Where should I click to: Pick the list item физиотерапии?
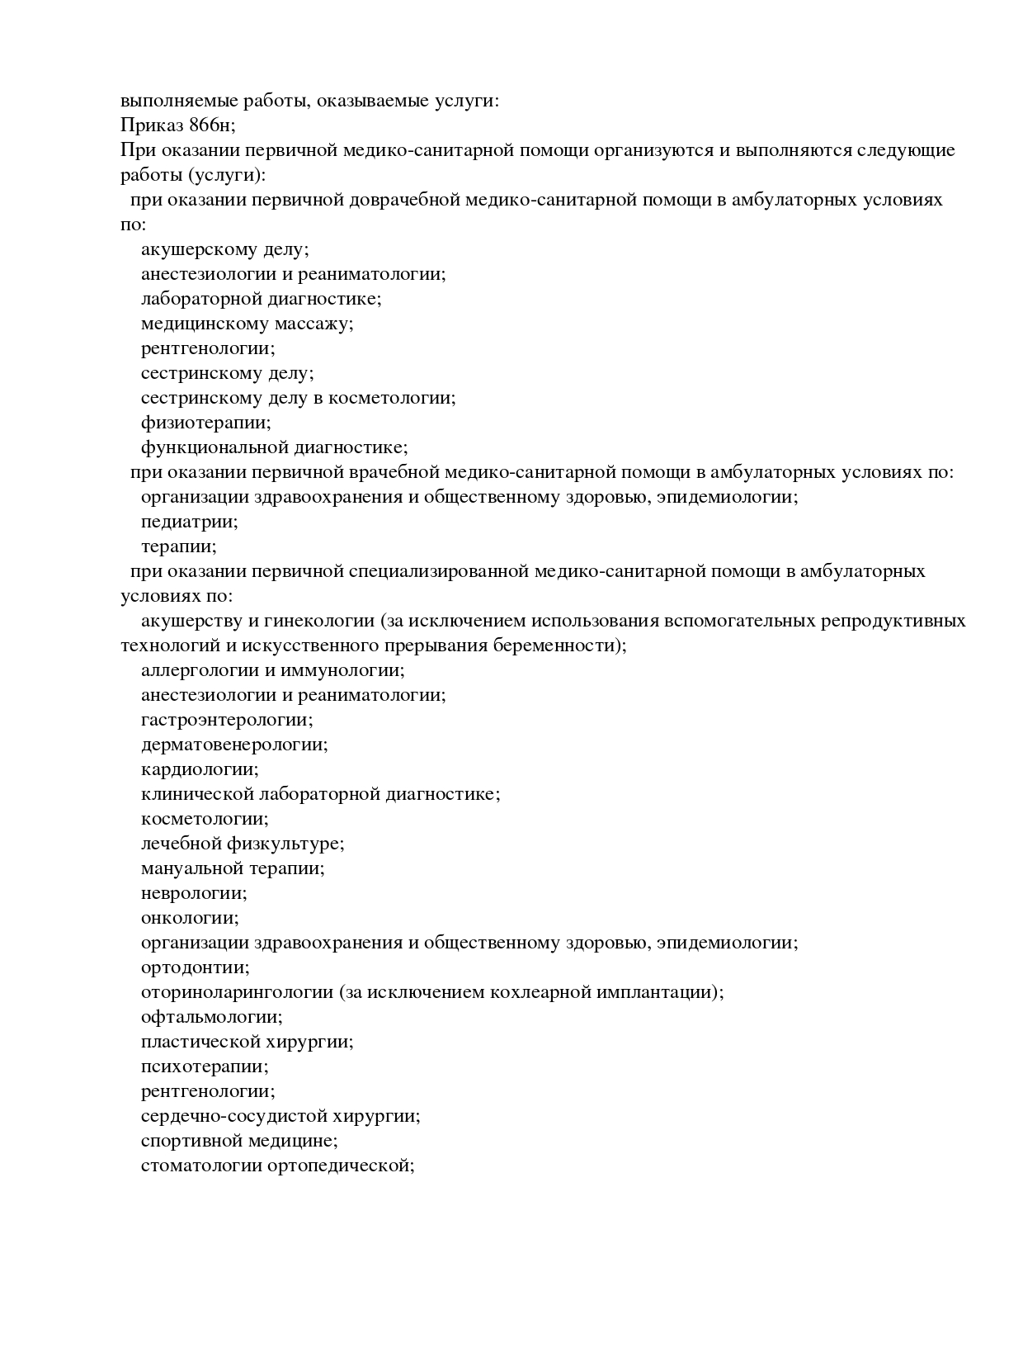[x=205, y=423]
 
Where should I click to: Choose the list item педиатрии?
[x=189, y=522]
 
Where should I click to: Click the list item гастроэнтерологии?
[x=227, y=720]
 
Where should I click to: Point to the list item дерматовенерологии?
[x=234, y=745]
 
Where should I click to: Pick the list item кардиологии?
[x=200, y=769]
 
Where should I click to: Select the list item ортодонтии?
[x=195, y=967]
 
